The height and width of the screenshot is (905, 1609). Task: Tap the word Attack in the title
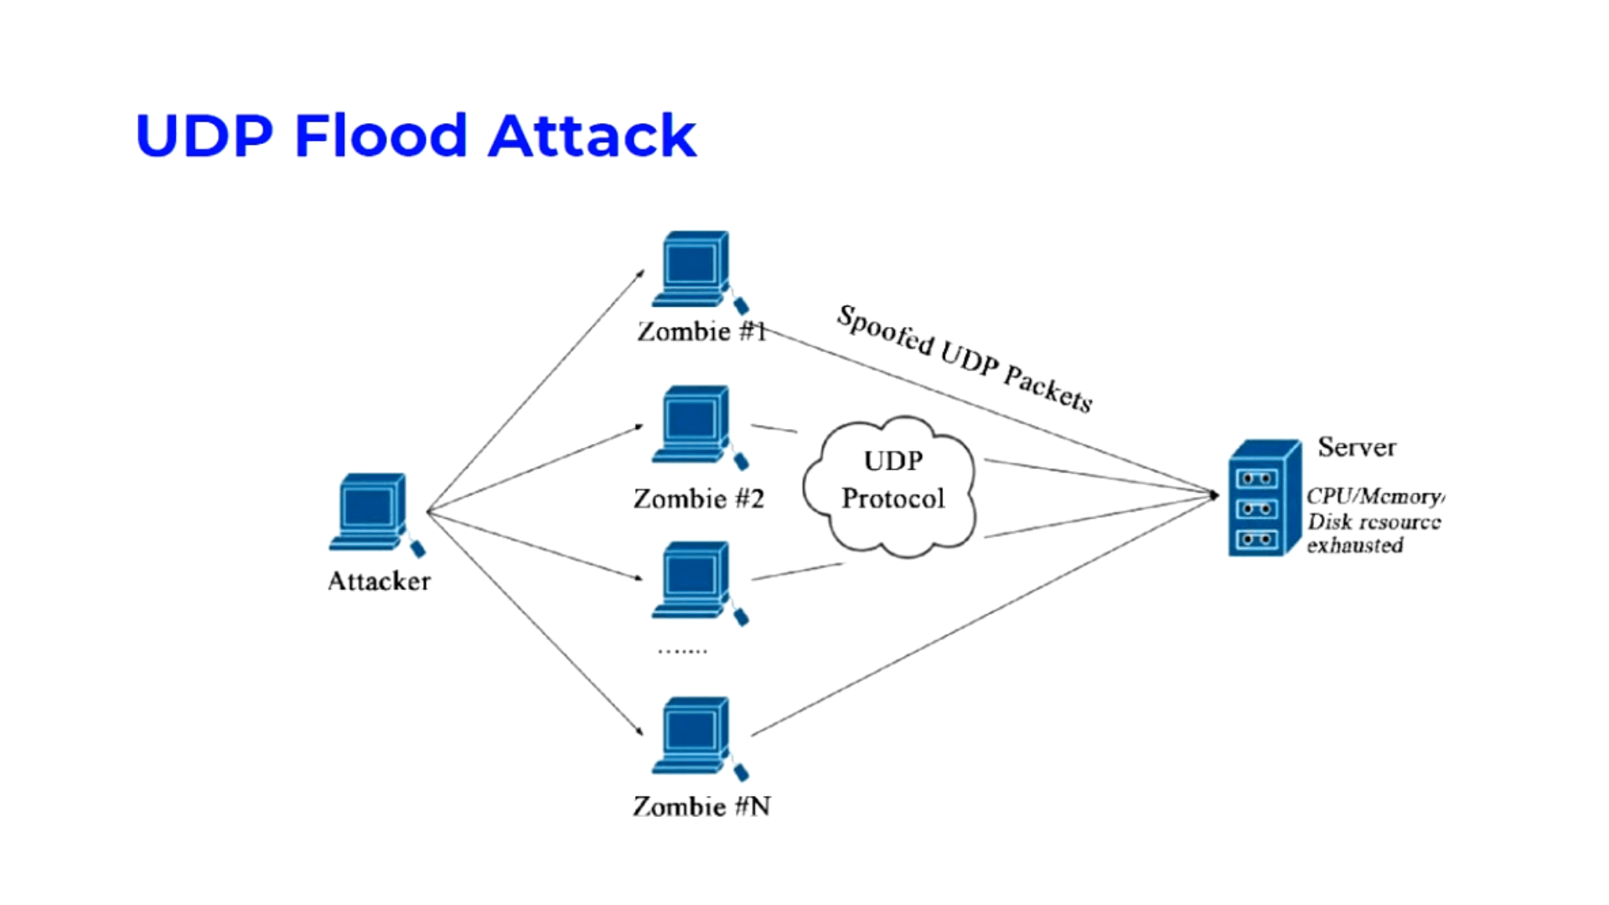pyautogui.click(x=592, y=136)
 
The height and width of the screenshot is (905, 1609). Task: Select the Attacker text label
pyautogui.click(x=379, y=582)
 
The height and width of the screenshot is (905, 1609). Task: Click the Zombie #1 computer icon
pyautogui.click(x=695, y=270)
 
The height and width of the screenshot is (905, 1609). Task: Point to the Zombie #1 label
pyautogui.click(x=702, y=332)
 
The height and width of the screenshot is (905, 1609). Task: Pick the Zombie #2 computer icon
pyautogui.click(x=695, y=425)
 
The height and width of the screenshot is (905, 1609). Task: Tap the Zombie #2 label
pyautogui.click(x=699, y=499)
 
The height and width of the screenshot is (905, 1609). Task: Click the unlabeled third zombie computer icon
pyautogui.click(x=695, y=581)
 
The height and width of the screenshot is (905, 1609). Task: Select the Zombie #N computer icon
pyautogui.click(x=695, y=736)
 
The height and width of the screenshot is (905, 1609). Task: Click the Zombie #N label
pyautogui.click(x=701, y=806)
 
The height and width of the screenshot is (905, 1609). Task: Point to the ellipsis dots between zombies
pyautogui.click(x=682, y=650)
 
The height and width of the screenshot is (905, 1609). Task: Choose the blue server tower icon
pyautogui.click(x=1263, y=498)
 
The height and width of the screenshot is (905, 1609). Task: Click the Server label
pyautogui.click(x=1357, y=447)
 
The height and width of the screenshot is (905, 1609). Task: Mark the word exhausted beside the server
pyautogui.click(x=1355, y=546)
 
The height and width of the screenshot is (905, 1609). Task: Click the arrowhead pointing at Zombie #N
pyautogui.click(x=639, y=732)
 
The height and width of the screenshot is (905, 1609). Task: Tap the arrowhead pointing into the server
pyautogui.click(x=1213, y=495)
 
